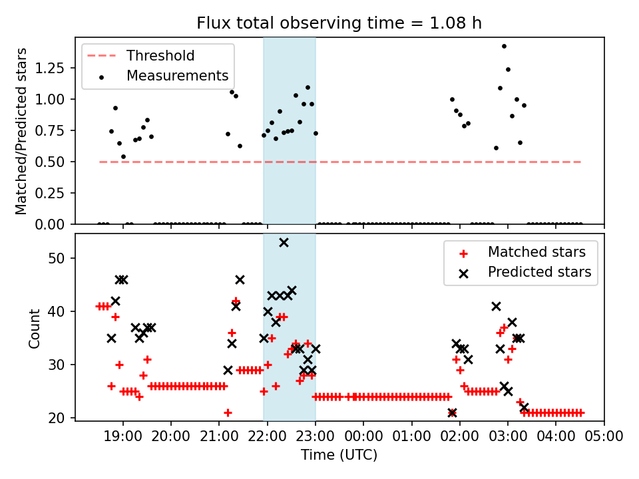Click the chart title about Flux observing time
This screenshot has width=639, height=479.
(339, 23)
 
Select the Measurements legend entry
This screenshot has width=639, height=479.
(177, 76)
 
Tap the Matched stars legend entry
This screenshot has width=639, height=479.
(536, 252)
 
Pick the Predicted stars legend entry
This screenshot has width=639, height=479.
(539, 271)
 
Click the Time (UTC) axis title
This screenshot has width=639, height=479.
(339, 455)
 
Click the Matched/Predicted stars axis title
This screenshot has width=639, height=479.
(21, 131)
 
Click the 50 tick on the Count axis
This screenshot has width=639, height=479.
(61, 258)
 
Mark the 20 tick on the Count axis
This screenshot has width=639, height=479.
(61, 418)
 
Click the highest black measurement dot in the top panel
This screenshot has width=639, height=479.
(504, 46)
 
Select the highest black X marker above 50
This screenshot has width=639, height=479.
(284, 242)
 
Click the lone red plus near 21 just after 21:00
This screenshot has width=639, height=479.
(228, 412)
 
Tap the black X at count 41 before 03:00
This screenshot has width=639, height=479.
(496, 306)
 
